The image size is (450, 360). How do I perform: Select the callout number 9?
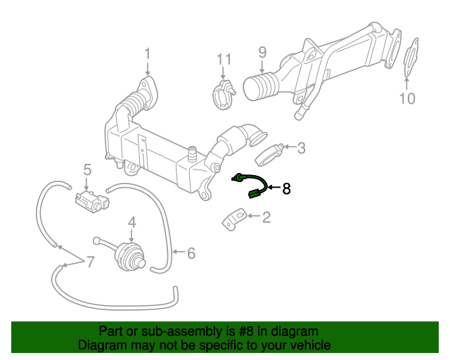(x=262, y=52)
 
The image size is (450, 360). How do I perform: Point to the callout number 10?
(x=407, y=98)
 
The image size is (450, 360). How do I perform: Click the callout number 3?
(x=301, y=148)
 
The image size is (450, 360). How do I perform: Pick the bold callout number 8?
(x=286, y=188)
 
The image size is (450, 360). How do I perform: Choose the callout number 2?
(x=266, y=218)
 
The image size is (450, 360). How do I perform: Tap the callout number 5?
(x=88, y=169)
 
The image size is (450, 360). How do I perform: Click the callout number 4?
(x=131, y=223)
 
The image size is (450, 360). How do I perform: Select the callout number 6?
(x=191, y=252)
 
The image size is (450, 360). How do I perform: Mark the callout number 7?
(x=89, y=262)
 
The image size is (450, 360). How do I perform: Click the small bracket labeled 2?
(x=234, y=219)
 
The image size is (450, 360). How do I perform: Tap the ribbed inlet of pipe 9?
(x=259, y=89)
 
